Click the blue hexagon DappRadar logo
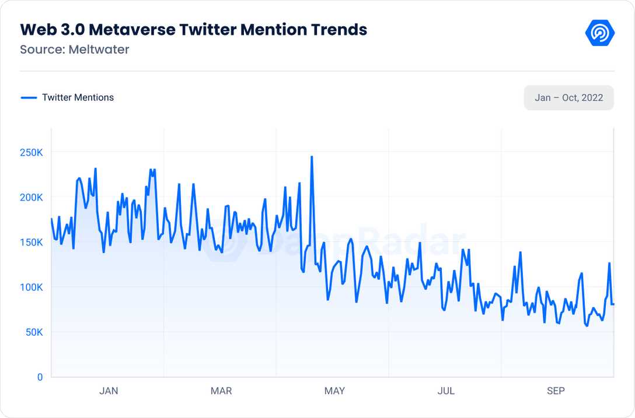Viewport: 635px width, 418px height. (599, 34)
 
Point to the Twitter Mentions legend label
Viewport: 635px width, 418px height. (78, 97)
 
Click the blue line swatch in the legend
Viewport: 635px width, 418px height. (29, 98)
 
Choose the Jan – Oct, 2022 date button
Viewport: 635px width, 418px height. (568, 97)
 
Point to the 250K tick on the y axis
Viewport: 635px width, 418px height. (31, 153)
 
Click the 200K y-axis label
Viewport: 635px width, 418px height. (31, 198)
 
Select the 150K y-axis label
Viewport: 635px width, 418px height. (31, 243)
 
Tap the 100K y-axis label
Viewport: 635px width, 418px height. (31, 287)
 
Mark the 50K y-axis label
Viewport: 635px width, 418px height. (33, 332)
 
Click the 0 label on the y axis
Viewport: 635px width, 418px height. (40, 377)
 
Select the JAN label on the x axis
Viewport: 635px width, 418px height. (109, 391)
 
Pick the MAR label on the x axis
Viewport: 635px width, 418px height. (221, 391)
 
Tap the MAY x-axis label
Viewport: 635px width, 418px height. (334, 391)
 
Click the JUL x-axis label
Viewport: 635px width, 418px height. (446, 391)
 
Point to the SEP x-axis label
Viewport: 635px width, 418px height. (556, 391)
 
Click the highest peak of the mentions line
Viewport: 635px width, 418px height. (312, 157)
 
